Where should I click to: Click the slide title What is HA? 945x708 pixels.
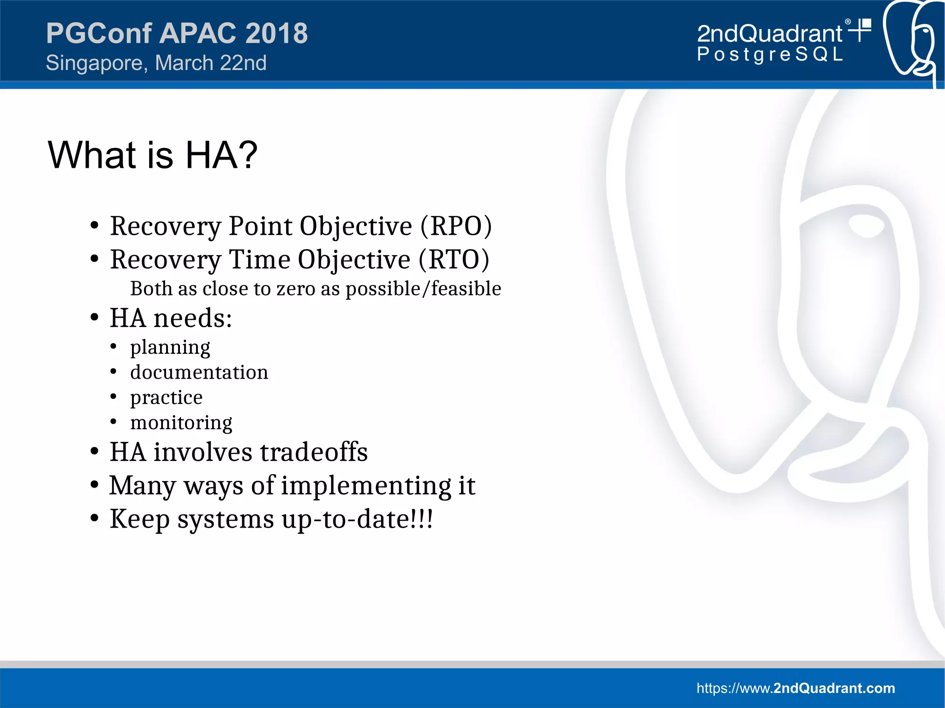[x=153, y=155]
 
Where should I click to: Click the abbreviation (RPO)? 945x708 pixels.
[x=456, y=226]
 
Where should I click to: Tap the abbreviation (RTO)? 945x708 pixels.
[x=454, y=260]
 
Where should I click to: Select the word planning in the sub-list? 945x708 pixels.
[x=170, y=347]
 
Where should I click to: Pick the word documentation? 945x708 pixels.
[x=199, y=372]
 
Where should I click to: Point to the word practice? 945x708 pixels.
[x=166, y=398]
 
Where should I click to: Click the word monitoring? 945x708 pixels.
[x=181, y=422]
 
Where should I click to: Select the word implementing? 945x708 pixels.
[x=366, y=486]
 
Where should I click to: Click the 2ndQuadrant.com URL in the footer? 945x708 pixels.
[x=795, y=688]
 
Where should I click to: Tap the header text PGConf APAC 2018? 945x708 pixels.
[x=177, y=33]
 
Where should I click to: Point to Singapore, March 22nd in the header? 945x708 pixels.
[x=156, y=63]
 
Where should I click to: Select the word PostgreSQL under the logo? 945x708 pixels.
[x=770, y=54]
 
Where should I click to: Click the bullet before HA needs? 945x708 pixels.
[x=95, y=318]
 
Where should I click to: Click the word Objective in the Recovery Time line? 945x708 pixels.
[x=354, y=260]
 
